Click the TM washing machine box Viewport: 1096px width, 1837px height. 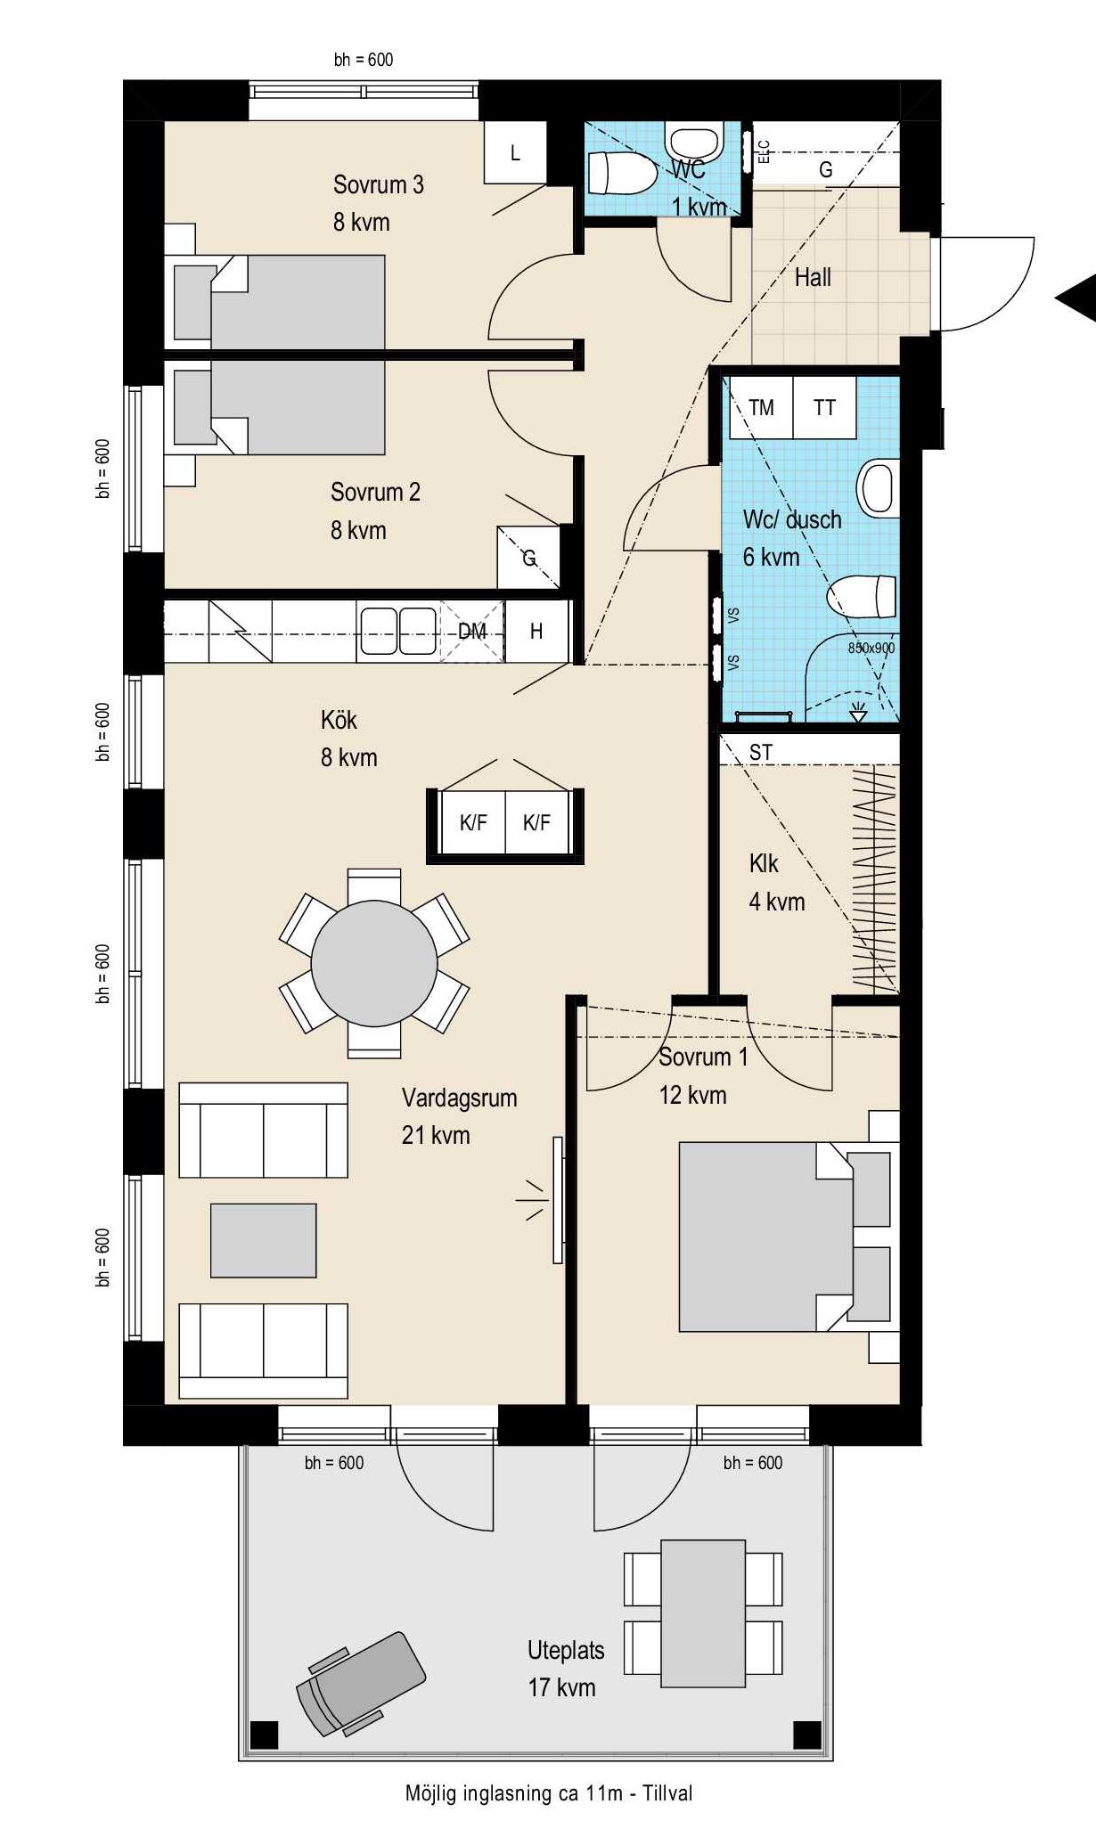pyautogui.click(x=761, y=407)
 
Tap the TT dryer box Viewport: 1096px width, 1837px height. pyautogui.click(x=824, y=407)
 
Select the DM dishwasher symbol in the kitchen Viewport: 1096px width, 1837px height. pyautogui.click(x=472, y=631)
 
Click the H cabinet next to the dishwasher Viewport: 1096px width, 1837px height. pyautogui.click(x=536, y=631)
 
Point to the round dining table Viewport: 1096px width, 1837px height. pyautogui.click(x=374, y=963)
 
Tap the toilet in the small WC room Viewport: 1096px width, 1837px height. pyautogui.click(x=621, y=174)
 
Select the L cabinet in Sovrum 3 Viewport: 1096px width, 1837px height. pyautogui.click(x=515, y=152)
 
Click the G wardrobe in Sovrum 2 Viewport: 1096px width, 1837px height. pyautogui.click(x=528, y=558)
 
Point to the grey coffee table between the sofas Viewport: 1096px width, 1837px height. pyautogui.click(x=263, y=1240)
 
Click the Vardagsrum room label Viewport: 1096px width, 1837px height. pyautogui.click(x=459, y=1098)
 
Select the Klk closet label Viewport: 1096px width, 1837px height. pyautogui.click(x=764, y=863)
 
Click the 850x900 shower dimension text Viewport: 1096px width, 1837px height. pyautogui.click(x=871, y=648)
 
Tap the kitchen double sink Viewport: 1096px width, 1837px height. pyautogui.click(x=397, y=631)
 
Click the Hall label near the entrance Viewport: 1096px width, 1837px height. pyautogui.click(x=813, y=277)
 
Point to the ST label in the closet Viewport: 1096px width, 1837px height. pyautogui.click(x=760, y=753)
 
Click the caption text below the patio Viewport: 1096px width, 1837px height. pyautogui.click(x=549, y=1793)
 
